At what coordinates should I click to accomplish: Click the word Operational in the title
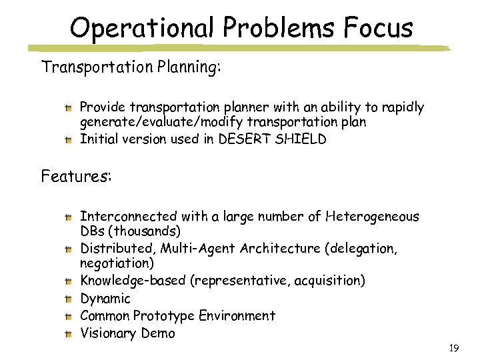click(143, 29)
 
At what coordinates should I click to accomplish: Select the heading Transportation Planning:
click(131, 67)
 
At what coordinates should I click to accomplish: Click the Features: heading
click(77, 177)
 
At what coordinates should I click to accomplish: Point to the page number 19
click(454, 348)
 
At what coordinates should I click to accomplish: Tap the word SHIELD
click(303, 139)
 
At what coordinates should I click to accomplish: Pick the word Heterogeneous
click(373, 216)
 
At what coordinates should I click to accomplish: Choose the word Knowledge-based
click(134, 281)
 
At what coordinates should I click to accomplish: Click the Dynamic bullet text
click(105, 299)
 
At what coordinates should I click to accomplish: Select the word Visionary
click(109, 333)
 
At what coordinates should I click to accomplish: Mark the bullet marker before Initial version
click(69, 139)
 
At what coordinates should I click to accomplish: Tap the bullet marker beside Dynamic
click(69, 298)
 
